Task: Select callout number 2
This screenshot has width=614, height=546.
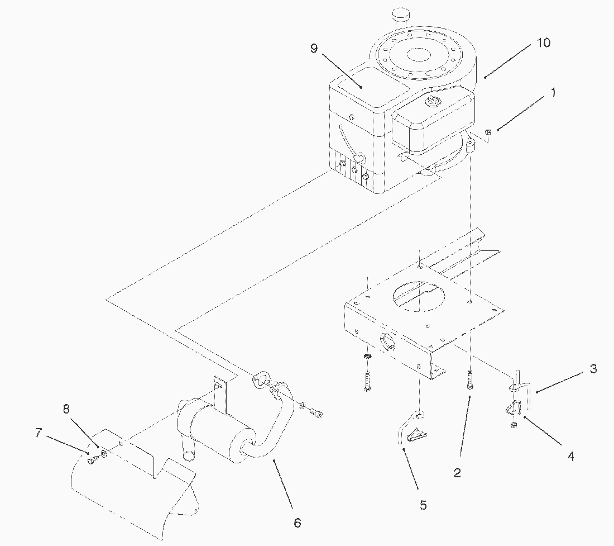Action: (457, 473)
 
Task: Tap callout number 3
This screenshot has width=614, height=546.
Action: (593, 369)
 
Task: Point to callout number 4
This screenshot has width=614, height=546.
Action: (570, 456)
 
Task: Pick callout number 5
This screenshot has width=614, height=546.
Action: (423, 505)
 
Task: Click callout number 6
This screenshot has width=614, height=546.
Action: (297, 523)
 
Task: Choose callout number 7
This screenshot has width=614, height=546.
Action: (38, 433)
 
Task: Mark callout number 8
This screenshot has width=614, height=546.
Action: (66, 409)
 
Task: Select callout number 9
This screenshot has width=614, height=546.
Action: (314, 49)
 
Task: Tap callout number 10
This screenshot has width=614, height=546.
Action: (543, 42)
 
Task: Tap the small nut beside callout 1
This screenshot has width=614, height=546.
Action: (488, 132)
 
